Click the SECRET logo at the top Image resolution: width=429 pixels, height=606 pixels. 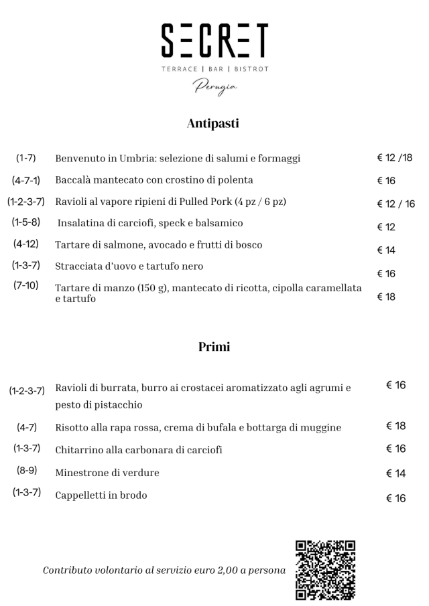coord(214,41)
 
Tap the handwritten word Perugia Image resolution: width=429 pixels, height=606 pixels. coord(215,86)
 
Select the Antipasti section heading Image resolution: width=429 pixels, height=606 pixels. coord(214,123)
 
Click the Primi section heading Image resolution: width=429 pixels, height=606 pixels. coord(214,347)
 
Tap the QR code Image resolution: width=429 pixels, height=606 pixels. coord(325,569)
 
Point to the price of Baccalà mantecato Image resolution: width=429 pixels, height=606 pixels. coord(386,181)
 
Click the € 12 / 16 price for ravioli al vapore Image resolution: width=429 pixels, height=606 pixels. coord(395,204)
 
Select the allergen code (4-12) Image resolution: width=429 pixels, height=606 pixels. coord(25,244)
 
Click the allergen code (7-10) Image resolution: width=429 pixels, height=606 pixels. coord(25,285)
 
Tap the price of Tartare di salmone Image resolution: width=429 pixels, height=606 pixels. coord(386,250)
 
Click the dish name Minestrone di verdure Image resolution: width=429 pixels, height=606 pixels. coord(107,473)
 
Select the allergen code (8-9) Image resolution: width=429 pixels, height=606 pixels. coord(27,471)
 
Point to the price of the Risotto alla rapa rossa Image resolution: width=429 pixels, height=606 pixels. coord(395,426)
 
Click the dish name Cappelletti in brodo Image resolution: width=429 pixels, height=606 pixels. coord(101,496)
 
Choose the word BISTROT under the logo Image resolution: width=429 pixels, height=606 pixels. coord(251,69)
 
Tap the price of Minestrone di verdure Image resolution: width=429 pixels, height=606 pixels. coord(395,473)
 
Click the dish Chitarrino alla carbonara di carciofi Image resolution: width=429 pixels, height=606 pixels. coord(139,450)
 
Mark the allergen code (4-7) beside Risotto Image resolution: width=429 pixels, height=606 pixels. coord(27,427)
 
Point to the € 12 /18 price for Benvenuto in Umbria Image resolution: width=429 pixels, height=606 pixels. coord(395,158)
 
